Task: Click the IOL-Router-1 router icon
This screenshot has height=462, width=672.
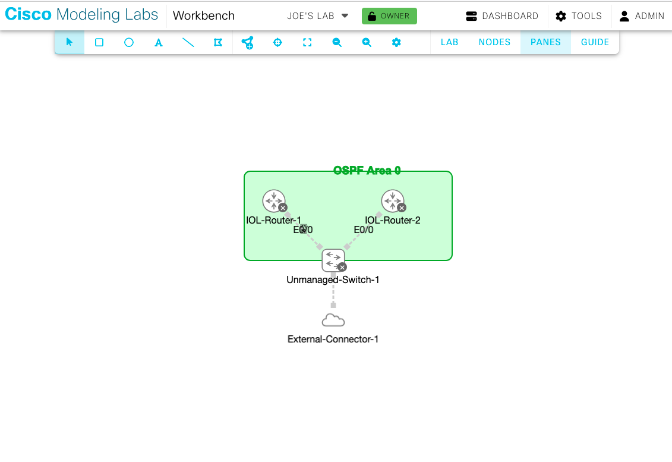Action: tap(273, 201)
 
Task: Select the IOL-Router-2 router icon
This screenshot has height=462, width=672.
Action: tap(392, 201)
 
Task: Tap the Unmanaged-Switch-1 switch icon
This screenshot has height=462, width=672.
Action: tap(333, 260)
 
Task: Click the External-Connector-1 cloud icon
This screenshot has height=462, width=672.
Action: tap(333, 321)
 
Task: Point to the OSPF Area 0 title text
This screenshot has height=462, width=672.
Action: tap(367, 171)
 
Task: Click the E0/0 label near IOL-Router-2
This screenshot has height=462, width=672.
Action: tap(364, 230)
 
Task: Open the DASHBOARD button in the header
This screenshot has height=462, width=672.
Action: tap(502, 16)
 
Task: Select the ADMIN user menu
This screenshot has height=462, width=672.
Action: tap(642, 16)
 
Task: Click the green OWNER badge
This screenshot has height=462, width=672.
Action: tap(389, 16)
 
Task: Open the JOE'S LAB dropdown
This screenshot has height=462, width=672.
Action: tap(318, 16)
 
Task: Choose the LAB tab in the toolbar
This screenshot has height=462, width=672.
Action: tap(449, 42)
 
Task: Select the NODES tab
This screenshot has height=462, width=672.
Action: tap(494, 42)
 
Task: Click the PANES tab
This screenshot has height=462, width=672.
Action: tap(545, 42)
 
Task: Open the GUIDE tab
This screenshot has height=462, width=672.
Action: tap(595, 42)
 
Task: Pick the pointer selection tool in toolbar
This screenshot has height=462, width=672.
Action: tap(70, 42)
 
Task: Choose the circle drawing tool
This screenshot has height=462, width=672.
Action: tap(129, 42)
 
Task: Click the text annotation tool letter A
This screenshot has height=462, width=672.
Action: tap(159, 42)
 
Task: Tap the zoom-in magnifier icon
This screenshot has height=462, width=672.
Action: tap(367, 42)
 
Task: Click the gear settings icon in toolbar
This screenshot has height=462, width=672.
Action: tap(396, 42)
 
